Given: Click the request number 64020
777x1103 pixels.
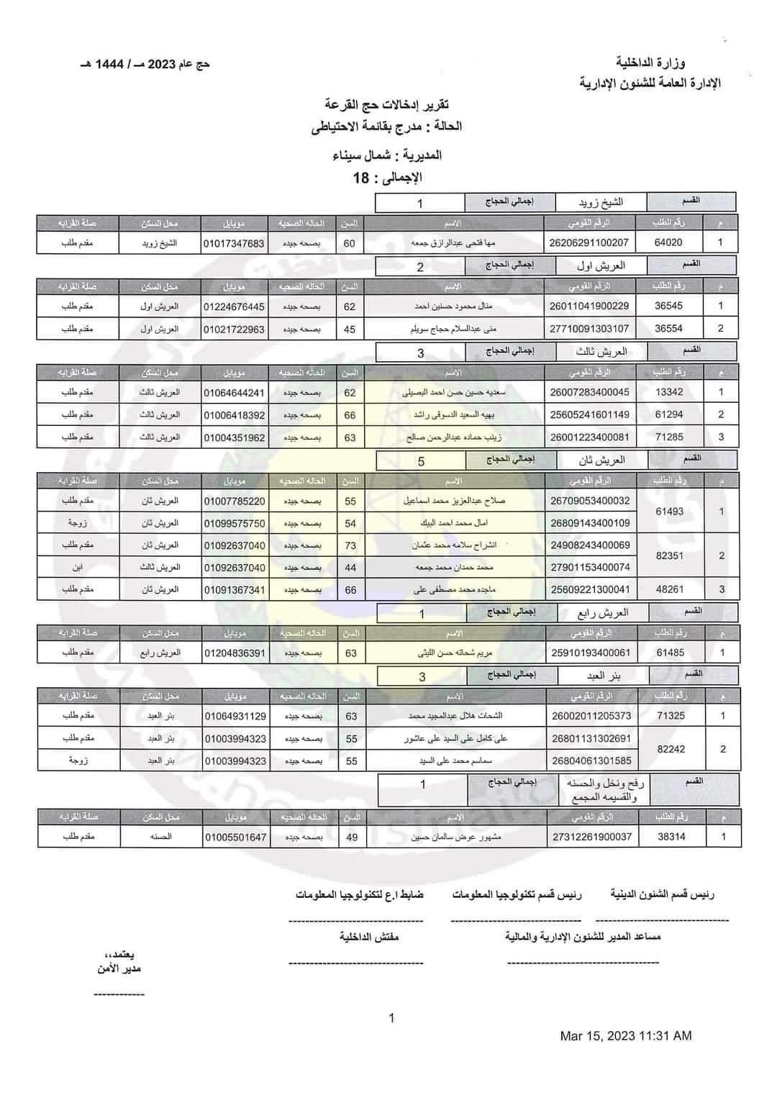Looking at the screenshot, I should tap(668, 242).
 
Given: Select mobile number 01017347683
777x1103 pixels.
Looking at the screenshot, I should tap(234, 243).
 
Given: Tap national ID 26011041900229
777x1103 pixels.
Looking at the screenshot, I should tap(589, 306).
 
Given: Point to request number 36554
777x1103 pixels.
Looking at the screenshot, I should tap(669, 328).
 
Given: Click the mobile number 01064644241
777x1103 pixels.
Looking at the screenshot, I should tap(235, 393).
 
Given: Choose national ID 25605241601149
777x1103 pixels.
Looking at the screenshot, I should tap(589, 414).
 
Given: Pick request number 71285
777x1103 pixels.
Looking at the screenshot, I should tap(670, 437).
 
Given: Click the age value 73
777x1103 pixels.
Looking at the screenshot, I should tap(350, 545).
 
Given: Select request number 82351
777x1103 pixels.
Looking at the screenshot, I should tap(670, 555).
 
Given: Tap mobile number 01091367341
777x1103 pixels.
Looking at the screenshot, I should tap(235, 590).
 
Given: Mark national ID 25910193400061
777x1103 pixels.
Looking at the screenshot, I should tap(590, 653).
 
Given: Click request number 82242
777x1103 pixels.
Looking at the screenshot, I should tap(671, 749).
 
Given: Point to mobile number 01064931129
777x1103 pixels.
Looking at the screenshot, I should tap(235, 716).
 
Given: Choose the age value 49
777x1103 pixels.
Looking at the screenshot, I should tap(352, 837).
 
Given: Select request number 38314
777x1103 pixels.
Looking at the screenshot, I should tap(672, 837).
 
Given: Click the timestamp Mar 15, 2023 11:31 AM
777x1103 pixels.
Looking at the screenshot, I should tap(626, 1036).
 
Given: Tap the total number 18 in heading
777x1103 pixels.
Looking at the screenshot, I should tap(361, 178).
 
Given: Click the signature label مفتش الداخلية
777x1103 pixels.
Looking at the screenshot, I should tap(369, 937).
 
